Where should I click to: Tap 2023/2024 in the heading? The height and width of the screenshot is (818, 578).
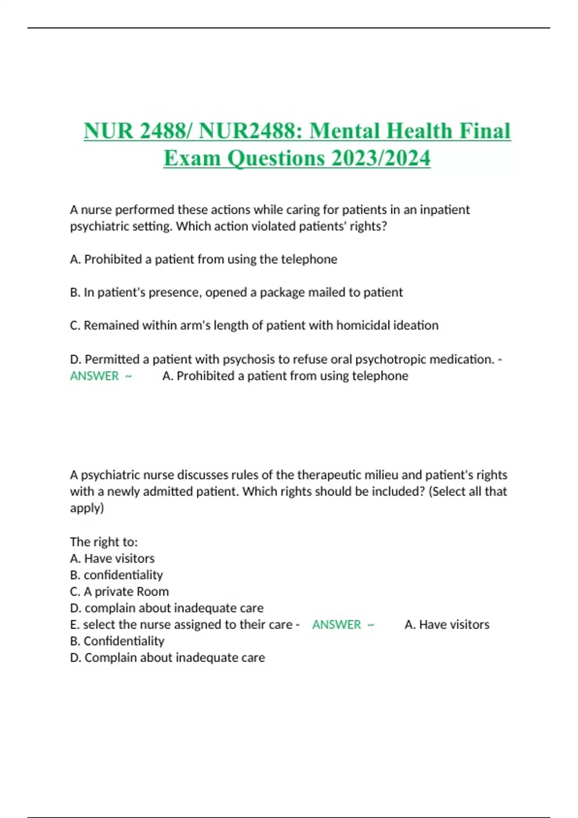tap(381, 158)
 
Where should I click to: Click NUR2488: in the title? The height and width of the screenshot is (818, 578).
tap(250, 131)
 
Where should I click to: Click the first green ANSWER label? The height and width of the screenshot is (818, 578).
tap(94, 376)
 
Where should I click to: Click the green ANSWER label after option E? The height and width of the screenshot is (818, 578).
tap(336, 625)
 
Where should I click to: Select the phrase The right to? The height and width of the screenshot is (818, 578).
tap(104, 542)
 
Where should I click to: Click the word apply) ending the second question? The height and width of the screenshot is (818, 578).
tap(87, 508)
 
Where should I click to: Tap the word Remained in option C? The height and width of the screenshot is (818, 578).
tap(106, 325)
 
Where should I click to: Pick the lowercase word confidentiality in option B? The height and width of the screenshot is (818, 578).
tap(123, 575)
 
